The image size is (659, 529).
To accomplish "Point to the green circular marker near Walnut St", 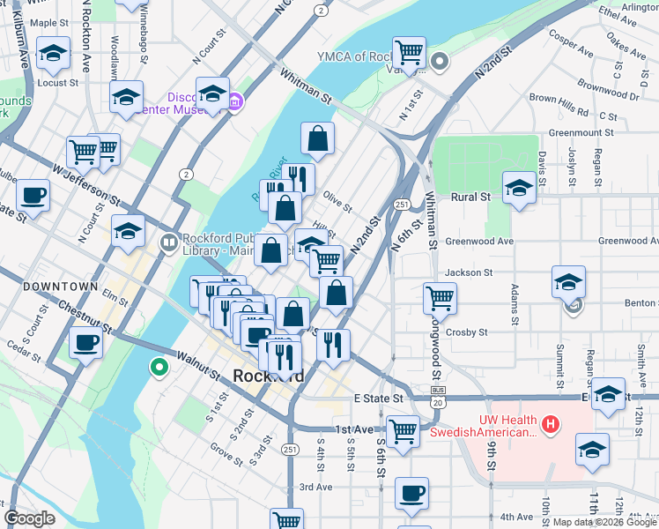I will pyautogui.click(x=159, y=367).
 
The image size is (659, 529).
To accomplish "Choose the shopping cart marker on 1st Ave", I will pyautogui.click(x=403, y=432).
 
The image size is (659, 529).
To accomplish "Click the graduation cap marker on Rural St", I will pyautogui.click(x=519, y=187).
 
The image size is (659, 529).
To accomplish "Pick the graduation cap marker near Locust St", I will pyautogui.click(x=54, y=53).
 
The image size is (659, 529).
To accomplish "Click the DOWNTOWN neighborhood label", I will pyautogui.click(x=60, y=287).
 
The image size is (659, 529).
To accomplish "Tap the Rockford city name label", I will pyautogui.click(x=270, y=376).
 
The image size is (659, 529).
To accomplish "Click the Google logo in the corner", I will pyautogui.click(x=30, y=518).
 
